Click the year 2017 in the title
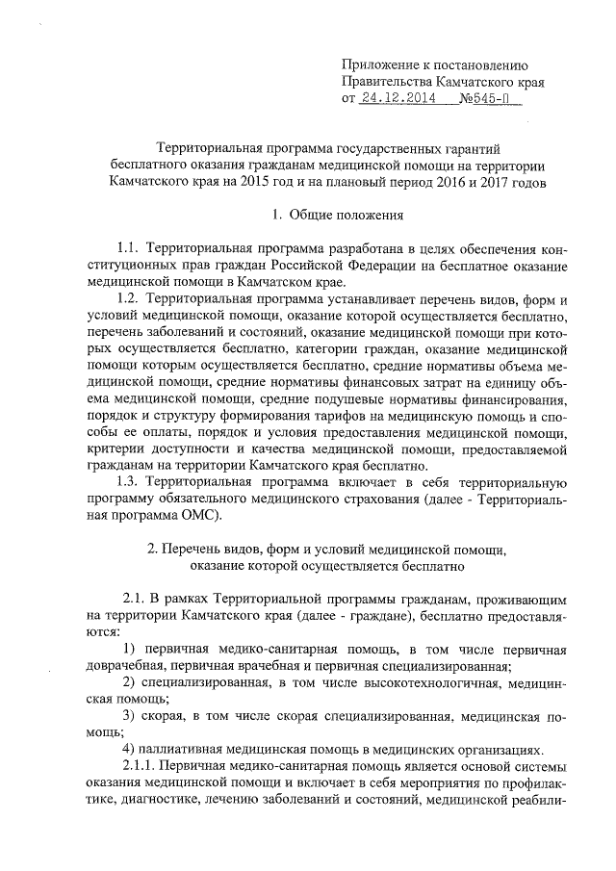485,181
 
